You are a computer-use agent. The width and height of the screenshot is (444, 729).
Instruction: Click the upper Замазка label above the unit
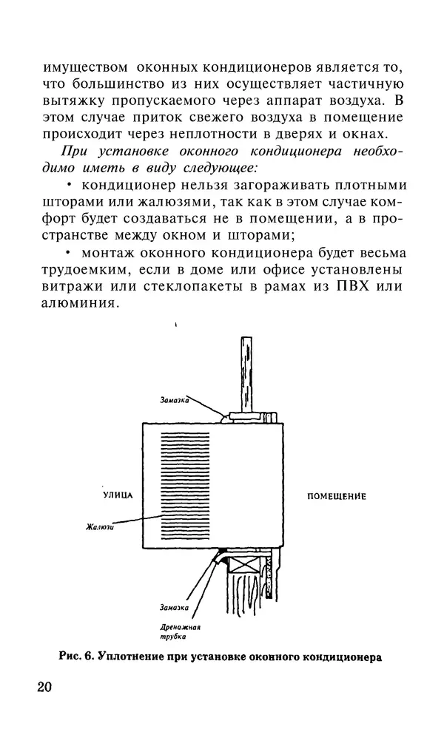(x=175, y=400)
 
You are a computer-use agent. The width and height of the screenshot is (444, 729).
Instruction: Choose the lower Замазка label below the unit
(x=175, y=608)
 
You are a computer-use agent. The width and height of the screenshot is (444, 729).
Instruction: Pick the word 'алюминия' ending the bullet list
(x=76, y=304)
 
